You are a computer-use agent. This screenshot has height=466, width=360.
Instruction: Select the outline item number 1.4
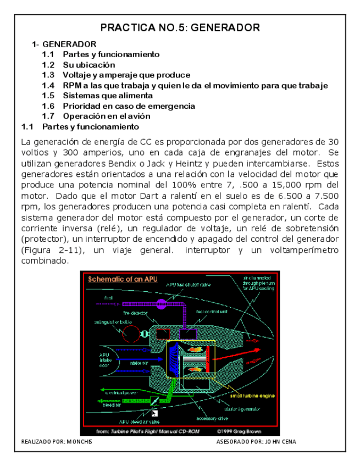pos(48,85)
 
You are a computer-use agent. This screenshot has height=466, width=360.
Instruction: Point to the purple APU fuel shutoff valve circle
pos(162,304)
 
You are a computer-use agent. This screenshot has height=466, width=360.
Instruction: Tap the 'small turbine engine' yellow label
pos(253,396)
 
